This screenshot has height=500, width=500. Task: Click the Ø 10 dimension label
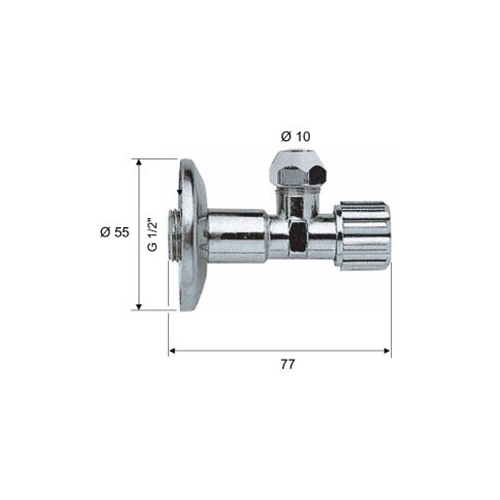pos(295,136)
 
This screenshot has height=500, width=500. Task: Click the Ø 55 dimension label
pos(115,232)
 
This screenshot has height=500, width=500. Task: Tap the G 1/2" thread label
pos(152,235)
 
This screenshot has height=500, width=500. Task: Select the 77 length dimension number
pos(288,364)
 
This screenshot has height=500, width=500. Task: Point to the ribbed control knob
pos(362,235)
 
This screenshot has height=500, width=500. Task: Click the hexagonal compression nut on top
pos(299,169)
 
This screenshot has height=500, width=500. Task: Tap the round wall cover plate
pos(192,235)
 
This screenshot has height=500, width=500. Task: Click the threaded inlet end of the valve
pos(173,235)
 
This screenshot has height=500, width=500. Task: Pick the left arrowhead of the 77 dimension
pos(173,351)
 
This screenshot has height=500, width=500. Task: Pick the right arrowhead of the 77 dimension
pos(387,351)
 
